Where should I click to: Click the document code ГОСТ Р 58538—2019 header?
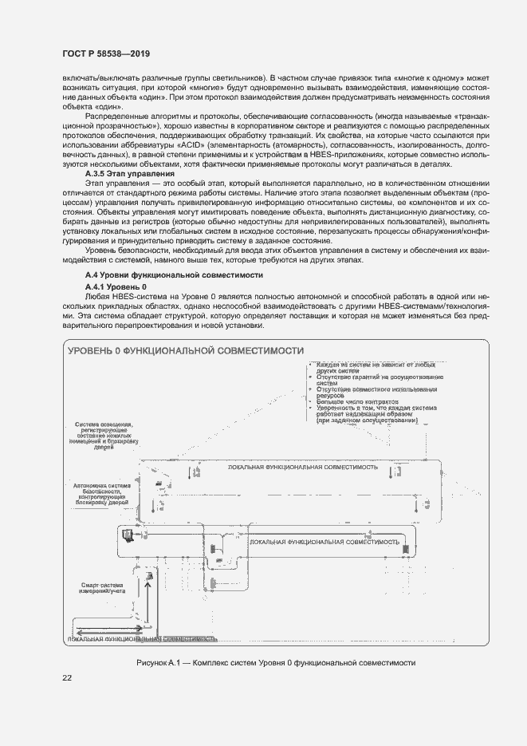tap(106, 53)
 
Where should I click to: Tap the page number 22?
tap(67, 678)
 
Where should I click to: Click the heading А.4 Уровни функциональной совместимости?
tap(174, 274)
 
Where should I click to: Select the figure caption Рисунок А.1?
tap(277, 663)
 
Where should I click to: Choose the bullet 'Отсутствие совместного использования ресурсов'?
tap(375, 392)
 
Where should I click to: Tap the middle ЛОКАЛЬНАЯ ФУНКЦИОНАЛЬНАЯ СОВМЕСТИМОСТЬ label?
tap(324, 542)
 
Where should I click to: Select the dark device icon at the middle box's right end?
tap(405, 548)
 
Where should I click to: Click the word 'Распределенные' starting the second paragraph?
tap(117, 116)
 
